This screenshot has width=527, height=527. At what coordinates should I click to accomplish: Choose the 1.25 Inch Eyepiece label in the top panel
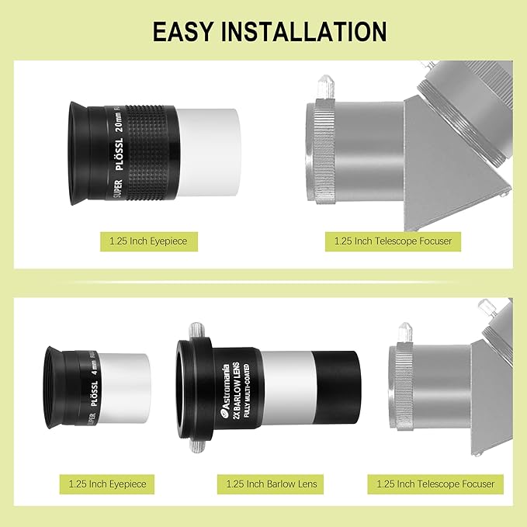[x=147, y=241]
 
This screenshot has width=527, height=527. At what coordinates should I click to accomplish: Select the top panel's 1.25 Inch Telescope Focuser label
[x=393, y=241]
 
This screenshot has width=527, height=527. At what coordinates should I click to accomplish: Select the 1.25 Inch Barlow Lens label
[x=272, y=484]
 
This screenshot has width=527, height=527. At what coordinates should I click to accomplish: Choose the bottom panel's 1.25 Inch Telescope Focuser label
[x=435, y=484]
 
